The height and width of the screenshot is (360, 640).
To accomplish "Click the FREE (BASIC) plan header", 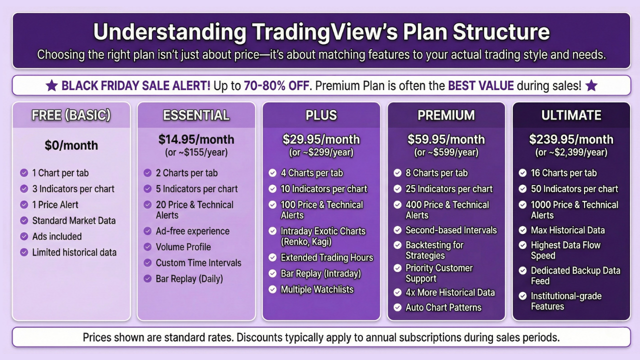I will coord(71,115).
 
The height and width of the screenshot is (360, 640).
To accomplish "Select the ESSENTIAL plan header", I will coord(196,115).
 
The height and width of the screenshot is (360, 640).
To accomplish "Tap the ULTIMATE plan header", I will coord(571,115).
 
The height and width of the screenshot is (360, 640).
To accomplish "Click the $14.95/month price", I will coord(196,139).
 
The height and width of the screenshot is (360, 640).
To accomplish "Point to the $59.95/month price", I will coord(446,139).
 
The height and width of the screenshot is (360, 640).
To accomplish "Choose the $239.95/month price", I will coord(571,139).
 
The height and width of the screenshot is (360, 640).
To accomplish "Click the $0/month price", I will coord(71,146).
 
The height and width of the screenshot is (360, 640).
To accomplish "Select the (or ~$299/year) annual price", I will coord(321,152).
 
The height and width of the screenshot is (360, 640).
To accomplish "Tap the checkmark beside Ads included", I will coord(24,236).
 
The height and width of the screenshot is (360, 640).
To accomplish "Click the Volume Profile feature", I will coord(183,247).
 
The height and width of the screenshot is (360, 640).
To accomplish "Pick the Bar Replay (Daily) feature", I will coord(189,278).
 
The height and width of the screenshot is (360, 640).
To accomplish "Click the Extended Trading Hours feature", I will coord(326,257).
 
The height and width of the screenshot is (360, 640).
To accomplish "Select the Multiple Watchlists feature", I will coord(316,289).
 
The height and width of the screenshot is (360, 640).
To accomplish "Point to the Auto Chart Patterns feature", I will coord(443,307).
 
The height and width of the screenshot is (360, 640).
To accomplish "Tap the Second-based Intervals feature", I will coord(451,230).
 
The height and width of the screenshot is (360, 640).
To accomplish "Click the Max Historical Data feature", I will coord(567,230).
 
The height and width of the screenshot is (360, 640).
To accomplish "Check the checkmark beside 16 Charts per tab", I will coord(522,173).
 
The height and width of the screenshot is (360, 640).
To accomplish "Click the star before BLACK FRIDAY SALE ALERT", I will coord(51,85).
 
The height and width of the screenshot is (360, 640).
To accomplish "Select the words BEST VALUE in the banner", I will coord(480,85).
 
